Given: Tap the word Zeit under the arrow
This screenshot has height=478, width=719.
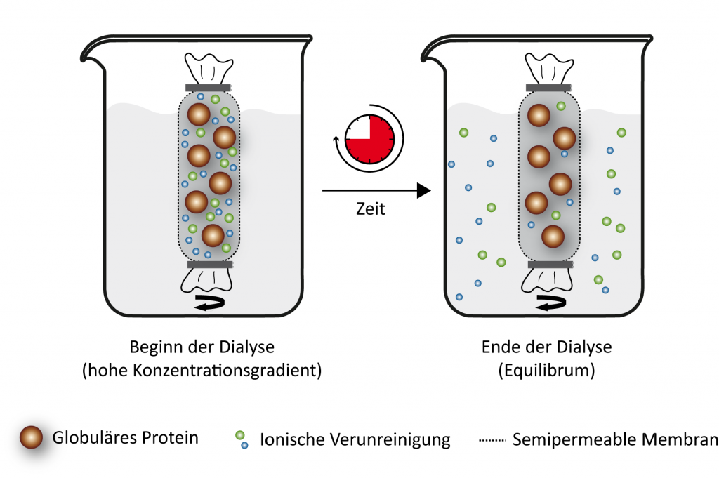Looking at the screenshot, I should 371,209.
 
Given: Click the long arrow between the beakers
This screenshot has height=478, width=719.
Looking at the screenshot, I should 375,190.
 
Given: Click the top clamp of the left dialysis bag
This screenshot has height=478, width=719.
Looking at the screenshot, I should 208,88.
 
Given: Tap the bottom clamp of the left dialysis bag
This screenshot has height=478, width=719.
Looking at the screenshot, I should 210,265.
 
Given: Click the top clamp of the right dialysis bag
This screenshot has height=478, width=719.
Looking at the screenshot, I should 550,88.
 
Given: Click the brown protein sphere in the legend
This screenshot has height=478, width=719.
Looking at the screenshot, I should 33,439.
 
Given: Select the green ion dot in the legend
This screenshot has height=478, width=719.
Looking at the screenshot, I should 240,435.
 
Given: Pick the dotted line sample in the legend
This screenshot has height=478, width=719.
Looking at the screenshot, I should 492,441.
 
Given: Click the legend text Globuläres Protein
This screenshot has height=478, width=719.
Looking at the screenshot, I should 126,438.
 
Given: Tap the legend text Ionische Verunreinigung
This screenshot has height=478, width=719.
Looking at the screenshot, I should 355,440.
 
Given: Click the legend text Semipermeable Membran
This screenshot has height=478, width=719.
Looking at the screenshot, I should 615,440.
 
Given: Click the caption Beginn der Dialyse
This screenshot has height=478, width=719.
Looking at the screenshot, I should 202,347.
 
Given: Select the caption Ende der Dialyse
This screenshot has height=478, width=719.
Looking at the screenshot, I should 546,347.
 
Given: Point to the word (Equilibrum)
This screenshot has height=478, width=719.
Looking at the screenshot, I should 546,371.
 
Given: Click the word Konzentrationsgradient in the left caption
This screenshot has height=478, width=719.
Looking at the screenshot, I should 232,371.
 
